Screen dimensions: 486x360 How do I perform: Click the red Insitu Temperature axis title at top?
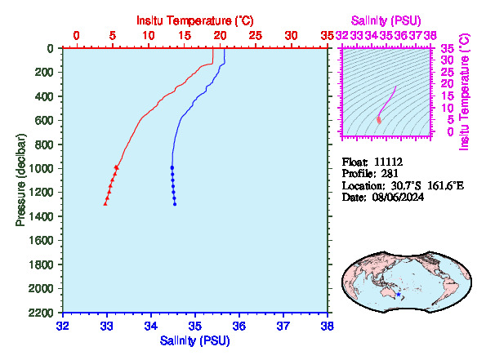click(195, 20)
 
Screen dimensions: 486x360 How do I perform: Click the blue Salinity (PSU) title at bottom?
click(195, 340)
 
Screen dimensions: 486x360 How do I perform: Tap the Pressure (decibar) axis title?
click(20, 180)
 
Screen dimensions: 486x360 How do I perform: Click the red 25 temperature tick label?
click(256, 36)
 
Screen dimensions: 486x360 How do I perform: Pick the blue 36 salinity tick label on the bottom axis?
click(239, 326)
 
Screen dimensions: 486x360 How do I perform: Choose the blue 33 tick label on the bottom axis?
click(107, 326)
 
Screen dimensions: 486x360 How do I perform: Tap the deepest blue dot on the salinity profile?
click(175, 204)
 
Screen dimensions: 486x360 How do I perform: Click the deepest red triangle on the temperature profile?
click(105, 203)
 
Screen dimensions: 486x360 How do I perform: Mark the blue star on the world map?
click(399, 295)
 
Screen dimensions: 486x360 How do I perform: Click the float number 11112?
click(388, 162)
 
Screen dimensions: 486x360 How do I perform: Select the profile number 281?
click(390, 174)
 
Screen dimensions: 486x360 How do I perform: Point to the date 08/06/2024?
click(398, 197)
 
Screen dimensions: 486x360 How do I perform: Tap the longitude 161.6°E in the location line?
click(446, 185)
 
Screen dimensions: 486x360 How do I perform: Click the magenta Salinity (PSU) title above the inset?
click(386, 20)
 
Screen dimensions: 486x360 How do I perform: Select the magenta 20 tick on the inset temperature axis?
click(448, 83)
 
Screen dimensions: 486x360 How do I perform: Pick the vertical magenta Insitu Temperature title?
click(464, 92)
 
